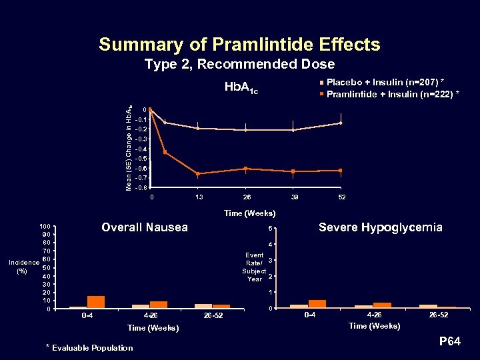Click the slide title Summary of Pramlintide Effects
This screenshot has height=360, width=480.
point(239,45)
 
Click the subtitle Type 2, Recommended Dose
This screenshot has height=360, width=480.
point(239,65)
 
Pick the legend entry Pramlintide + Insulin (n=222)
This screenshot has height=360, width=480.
point(389,93)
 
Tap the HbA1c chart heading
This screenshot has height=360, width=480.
point(241,87)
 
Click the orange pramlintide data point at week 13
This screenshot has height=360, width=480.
point(198,174)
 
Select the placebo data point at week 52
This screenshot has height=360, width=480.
point(341,123)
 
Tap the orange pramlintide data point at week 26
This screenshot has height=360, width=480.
point(246,169)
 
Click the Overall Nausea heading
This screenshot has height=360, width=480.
point(144,228)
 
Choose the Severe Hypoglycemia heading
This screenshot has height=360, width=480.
point(380,228)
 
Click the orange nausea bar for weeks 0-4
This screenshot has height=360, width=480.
point(96,302)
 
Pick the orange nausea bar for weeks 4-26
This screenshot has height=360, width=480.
point(159,305)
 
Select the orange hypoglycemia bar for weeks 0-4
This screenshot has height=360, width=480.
point(317,304)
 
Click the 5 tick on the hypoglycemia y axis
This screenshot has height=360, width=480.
point(270,231)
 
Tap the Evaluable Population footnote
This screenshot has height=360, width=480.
point(89,347)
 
